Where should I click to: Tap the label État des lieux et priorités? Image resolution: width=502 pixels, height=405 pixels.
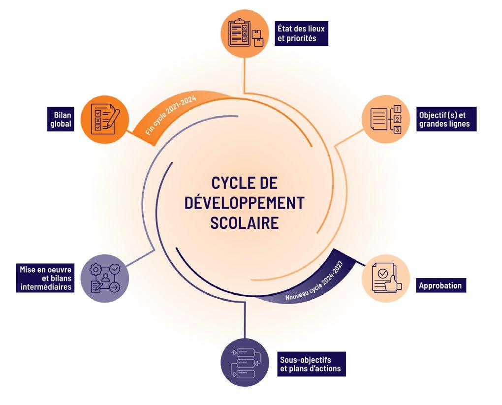pyautogui.click(x=301, y=32)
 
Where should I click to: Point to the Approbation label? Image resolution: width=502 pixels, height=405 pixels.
pyautogui.click(x=440, y=285)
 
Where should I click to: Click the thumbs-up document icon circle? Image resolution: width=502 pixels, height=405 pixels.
pyautogui.click(x=385, y=279)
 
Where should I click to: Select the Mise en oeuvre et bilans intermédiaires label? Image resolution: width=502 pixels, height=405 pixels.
pyautogui.click(x=46, y=279)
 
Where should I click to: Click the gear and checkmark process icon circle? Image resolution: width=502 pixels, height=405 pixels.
pyautogui.click(x=104, y=279)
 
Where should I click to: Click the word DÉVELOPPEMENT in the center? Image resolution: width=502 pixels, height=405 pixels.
pyautogui.click(x=245, y=203)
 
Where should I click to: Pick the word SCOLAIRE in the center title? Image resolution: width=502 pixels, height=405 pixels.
pyautogui.click(x=245, y=222)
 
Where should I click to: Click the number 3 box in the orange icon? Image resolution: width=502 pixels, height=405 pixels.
pyautogui.click(x=398, y=130)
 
